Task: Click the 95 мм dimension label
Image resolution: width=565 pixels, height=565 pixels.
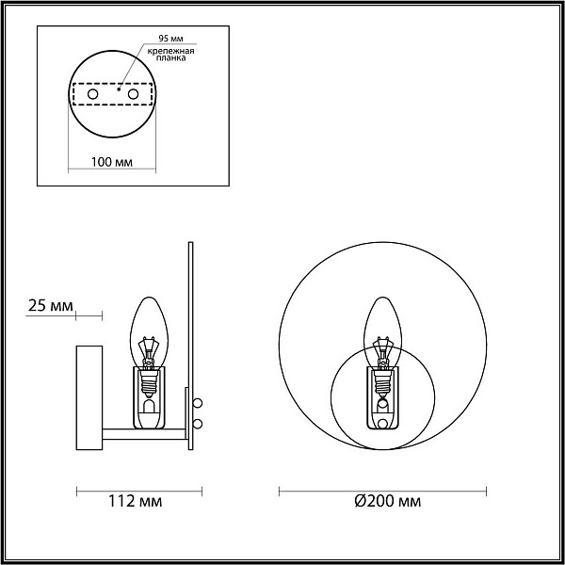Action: pyautogui.click(x=171, y=39)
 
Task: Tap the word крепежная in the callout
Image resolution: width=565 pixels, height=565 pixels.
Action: pyautogui.click(x=170, y=51)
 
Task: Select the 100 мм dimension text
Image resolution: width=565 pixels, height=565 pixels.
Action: pyautogui.click(x=112, y=162)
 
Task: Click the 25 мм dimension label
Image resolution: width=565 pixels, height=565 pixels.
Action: pyautogui.click(x=51, y=306)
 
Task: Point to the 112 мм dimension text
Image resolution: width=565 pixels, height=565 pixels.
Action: pyautogui.click(x=136, y=501)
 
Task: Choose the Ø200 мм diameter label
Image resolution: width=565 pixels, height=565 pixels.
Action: pyautogui.click(x=388, y=501)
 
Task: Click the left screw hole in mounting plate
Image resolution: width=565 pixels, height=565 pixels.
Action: pyautogui.click(x=92, y=94)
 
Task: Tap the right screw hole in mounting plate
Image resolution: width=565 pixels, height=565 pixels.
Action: pyautogui.click(x=133, y=94)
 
